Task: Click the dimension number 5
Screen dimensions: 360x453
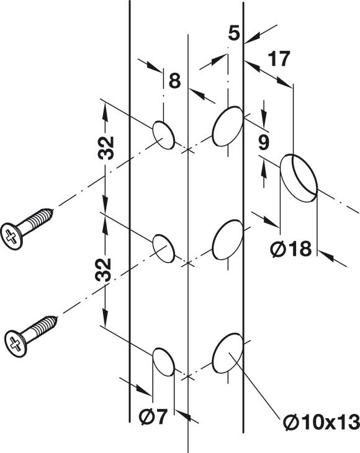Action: click(x=234, y=33)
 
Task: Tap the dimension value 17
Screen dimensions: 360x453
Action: click(x=279, y=59)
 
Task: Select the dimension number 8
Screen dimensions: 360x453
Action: click(x=174, y=81)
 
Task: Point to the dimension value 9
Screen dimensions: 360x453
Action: click(x=264, y=143)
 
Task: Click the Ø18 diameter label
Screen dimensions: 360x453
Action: click(x=291, y=248)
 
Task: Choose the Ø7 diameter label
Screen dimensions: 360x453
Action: click(x=153, y=417)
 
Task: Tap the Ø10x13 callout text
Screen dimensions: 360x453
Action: click(x=322, y=423)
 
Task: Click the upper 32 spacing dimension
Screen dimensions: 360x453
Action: click(x=106, y=148)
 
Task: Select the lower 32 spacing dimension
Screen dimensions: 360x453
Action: click(x=103, y=270)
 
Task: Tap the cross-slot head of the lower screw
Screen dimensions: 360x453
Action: click(x=16, y=343)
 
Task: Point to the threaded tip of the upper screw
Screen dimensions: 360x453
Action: click(x=52, y=212)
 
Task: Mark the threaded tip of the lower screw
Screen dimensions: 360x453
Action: click(x=55, y=319)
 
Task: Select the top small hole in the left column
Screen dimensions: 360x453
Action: click(x=163, y=135)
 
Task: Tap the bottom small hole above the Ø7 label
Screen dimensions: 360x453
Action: click(x=163, y=362)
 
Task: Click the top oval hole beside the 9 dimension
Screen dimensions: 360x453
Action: click(x=227, y=126)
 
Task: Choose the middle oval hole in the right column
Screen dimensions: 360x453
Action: click(x=227, y=240)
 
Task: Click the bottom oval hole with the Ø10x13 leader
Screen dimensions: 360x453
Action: click(x=227, y=352)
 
